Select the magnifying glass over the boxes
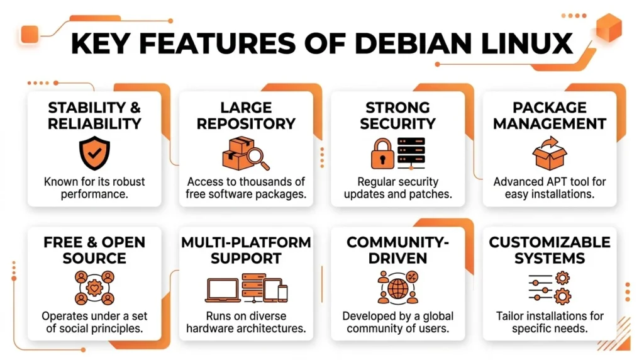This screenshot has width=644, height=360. coord(258,159)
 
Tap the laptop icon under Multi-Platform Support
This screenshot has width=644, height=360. coord(222,290)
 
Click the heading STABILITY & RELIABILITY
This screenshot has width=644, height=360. coord(94,115)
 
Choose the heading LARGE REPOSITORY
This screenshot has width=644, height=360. coord(246,115)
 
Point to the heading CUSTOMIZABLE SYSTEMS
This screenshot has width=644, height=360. coord(549,250)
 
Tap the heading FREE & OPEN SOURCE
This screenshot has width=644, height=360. coord(94,250)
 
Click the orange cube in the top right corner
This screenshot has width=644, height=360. coord(609,28)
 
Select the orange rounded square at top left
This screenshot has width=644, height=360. coord(30,35)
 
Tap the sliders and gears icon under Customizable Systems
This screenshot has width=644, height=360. coord(549,288)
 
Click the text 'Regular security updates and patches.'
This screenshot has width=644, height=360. coord(397,188)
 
